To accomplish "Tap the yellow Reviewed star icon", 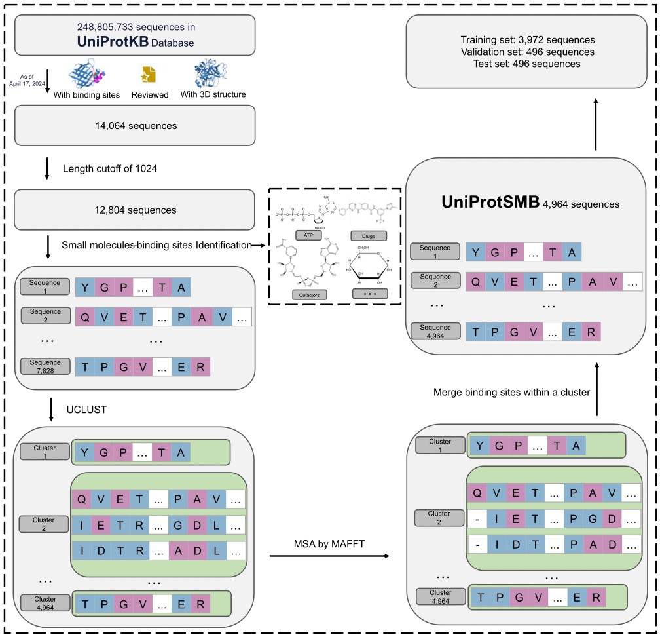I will click(149, 75).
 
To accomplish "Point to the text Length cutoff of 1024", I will click(110, 168).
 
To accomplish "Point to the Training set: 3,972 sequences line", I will click(527, 39).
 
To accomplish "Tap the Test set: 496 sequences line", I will click(527, 64).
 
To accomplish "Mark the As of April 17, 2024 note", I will click(24, 80).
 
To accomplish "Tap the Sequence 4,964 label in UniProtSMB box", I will click(435, 331).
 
